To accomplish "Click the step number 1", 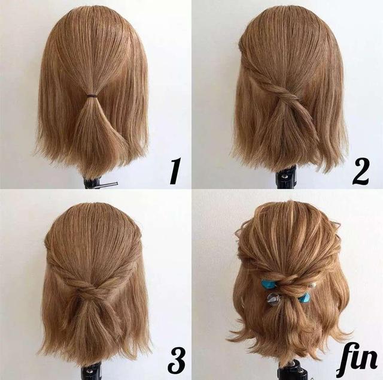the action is (x=175, y=171).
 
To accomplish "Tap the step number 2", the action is (x=360, y=171).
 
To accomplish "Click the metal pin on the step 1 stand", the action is (x=108, y=185).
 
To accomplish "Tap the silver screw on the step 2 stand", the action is (x=284, y=176).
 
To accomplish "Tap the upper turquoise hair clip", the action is (x=268, y=284).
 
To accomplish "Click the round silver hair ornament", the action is (x=272, y=298).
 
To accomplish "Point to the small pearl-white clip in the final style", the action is (x=311, y=285).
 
